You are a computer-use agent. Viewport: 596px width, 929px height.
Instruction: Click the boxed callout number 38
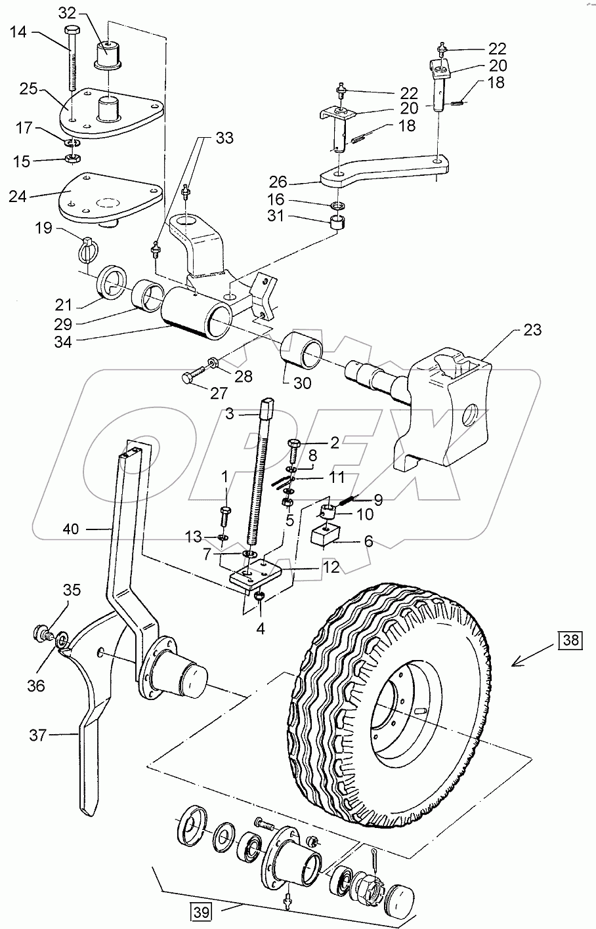[x=570, y=640]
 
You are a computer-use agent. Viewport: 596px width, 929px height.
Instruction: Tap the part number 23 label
[x=532, y=330]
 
